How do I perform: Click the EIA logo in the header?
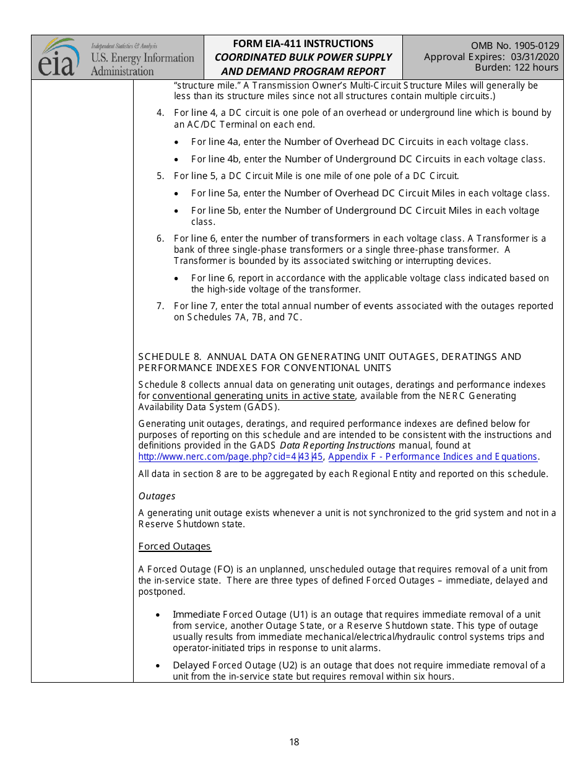59,57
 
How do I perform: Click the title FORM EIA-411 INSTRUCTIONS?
303,43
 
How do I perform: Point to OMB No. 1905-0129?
514,45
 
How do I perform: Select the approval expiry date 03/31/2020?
535,56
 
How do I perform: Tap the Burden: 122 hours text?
516,68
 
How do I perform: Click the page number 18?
294,742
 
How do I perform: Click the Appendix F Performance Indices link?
433,457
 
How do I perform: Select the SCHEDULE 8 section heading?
329,362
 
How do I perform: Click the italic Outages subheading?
157,496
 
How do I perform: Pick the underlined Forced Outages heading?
175,546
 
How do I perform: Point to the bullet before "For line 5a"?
178,194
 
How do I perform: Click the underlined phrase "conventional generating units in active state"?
254,396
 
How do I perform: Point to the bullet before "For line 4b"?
178,160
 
